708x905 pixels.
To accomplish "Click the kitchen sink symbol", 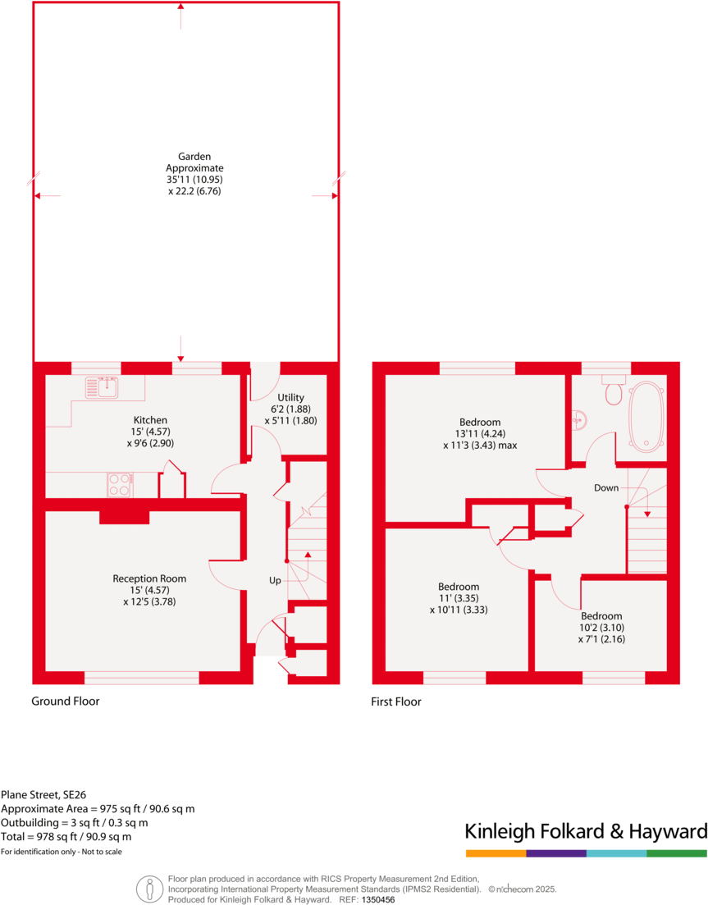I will point(103,386).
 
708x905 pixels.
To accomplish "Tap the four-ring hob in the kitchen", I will point(120,485).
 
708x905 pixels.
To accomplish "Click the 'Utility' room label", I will point(290,397).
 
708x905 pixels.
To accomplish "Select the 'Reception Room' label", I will point(149,578).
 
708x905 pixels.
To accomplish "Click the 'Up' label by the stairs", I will point(275,580).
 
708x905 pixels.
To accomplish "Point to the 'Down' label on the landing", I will point(606,487).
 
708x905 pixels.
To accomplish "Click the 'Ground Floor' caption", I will point(66,702).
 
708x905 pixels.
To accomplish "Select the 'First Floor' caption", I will point(396,702).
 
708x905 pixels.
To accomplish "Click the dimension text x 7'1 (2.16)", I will point(601,639).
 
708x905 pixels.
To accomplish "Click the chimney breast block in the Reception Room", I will point(125,516).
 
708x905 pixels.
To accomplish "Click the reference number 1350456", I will point(378,899).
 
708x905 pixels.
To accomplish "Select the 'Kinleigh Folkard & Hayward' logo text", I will point(586,830).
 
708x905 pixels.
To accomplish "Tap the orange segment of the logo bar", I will point(496,853).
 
